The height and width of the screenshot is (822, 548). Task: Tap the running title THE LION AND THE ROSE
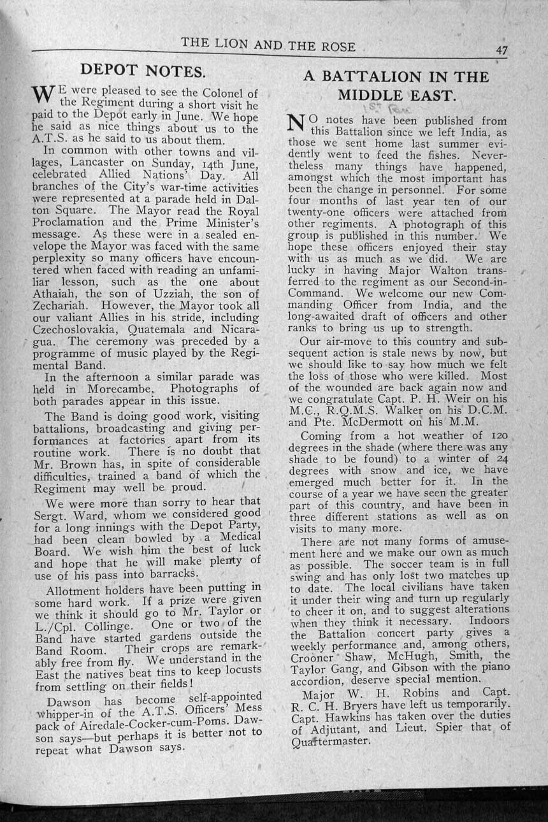[268, 44]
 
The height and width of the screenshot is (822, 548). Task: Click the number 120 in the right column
[497, 435]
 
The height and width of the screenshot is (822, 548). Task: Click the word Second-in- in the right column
[470, 282]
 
